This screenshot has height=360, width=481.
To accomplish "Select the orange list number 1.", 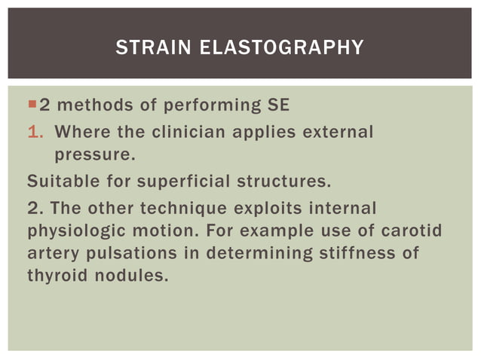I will (x=32, y=132).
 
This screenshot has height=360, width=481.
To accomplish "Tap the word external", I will (x=337, y=132).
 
